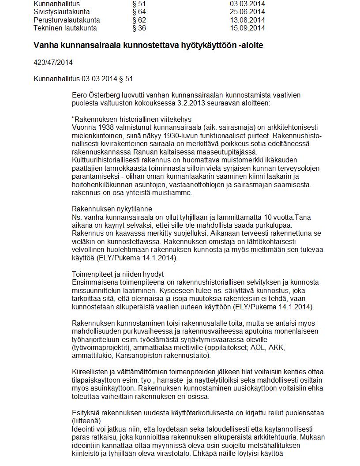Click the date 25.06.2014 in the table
point(247,11)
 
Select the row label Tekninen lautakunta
point(65,28)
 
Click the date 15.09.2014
point(247,28)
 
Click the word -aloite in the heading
point(251,45)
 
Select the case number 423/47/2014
point(53,62)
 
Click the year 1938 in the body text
point(104,127)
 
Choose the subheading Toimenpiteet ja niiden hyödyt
point(118,274)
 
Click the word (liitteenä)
point(86,421)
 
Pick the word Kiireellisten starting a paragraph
point(91,372)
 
